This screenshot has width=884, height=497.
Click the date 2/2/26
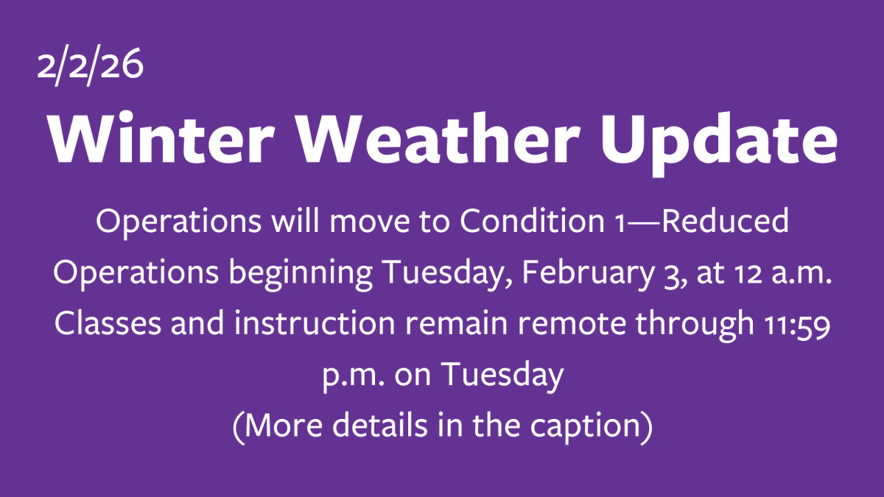tap(90, 67)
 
